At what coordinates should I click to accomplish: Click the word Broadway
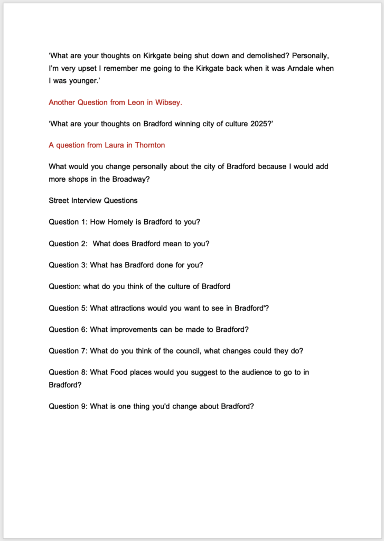[x=129, y=179]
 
